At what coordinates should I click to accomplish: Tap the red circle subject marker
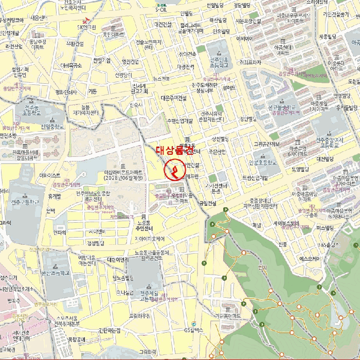[173, 170]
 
